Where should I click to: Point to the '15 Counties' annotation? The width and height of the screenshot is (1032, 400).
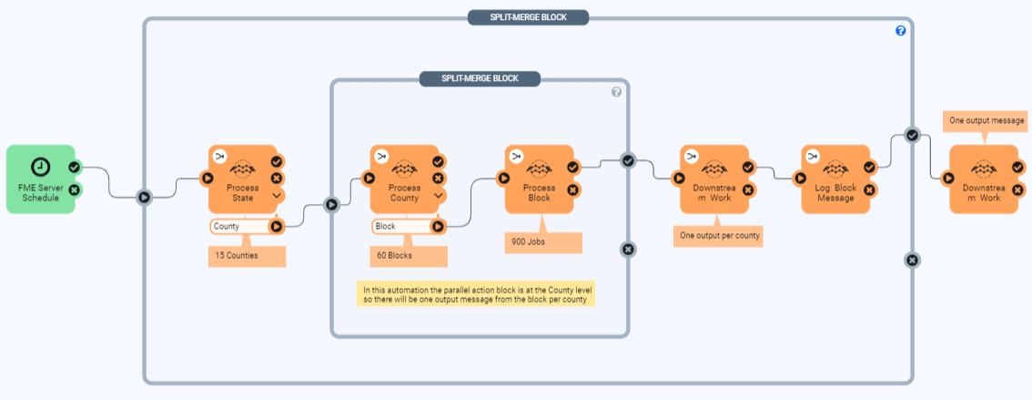pyautogui.click(x=247, y=256)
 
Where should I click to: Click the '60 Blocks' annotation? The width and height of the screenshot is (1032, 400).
pyautogui.click(x=409, y=256)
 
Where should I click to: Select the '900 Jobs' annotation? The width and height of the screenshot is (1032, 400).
pyautogui.click(x=542, y=242)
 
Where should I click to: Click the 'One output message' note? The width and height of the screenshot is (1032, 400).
pyautogui.click(x=986, y=120)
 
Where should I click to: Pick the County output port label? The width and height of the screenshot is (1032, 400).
pyautogui.click(x=238, y=226)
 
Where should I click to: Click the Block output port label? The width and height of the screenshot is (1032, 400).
pyautogui.click(x=400, y=226)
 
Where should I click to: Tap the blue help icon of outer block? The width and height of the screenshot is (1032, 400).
pyautogui.click(x=900, y=31)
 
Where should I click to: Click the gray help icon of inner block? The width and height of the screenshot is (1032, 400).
pyautogui.click(x=616, y=92)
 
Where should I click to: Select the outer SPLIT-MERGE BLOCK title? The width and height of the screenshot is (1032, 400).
pyautogui.click(x=528, y=17)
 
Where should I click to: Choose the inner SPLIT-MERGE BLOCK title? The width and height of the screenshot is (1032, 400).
pyautogui.click(x=480, y=78)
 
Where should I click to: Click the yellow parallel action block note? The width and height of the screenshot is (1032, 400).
pyautogui.click(x=475, y=294)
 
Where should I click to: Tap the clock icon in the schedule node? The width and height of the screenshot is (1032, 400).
pyautogui.click(x=40, y=167)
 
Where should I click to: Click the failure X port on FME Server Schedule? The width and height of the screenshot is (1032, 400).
pyautogui.click(x=75, y=190)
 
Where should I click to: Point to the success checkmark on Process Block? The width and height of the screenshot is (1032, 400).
pyautogui.click(x=572, y=167)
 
